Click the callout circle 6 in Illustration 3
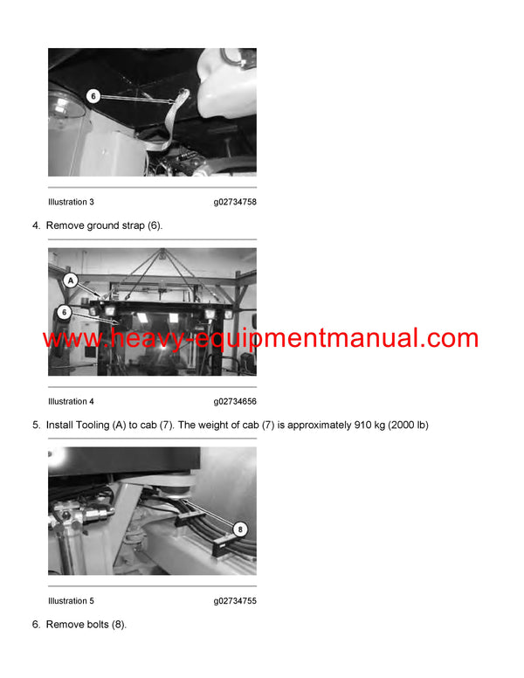tap(93, 95)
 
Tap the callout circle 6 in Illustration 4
tap(64, 311)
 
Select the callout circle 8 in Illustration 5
tap(240, 529)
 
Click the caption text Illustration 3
tap(71, 202)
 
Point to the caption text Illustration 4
tap(71, 402)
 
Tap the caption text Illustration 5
tap(71, 601)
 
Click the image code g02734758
tap(235, 202)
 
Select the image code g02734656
tap(235, 402)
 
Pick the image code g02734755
tap(235, 601)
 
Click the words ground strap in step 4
tap(114, 225)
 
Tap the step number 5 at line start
tap(36, 425)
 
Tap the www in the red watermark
tap(68, 339)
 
